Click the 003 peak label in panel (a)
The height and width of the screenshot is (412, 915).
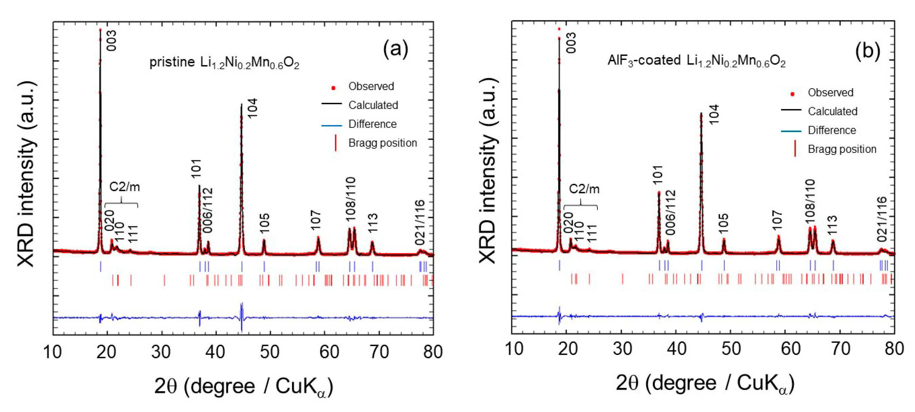point(111,41)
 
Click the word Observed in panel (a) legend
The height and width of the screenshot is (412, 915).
point(371,86)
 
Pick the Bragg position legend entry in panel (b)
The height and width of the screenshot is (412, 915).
point(842,149)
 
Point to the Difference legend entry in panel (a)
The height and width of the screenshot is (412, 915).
point(372,124)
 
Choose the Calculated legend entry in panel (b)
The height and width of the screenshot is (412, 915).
point(832,111)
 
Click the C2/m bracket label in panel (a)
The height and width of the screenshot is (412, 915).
point(124,187)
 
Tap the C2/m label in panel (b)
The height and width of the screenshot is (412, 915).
point(584,189)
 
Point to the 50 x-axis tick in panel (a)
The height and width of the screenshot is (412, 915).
point(270,352)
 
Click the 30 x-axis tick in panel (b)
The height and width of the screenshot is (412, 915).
point(622,349)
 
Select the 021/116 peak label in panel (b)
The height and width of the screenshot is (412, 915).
point(882,220)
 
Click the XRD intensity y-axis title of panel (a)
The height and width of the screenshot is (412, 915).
point(27,174)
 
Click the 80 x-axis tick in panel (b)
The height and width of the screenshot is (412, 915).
point(894,349)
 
